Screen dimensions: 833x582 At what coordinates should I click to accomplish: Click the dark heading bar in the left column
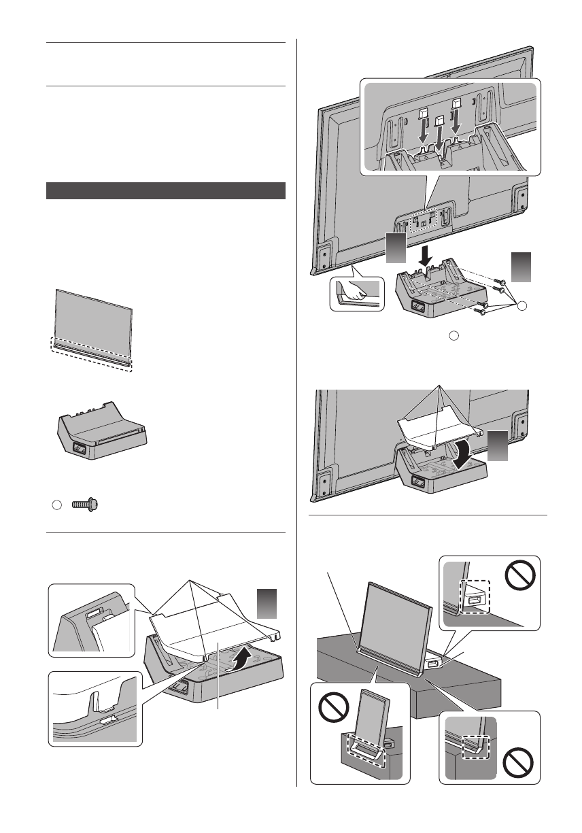165,190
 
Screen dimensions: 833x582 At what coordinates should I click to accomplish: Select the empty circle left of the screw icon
57,505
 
